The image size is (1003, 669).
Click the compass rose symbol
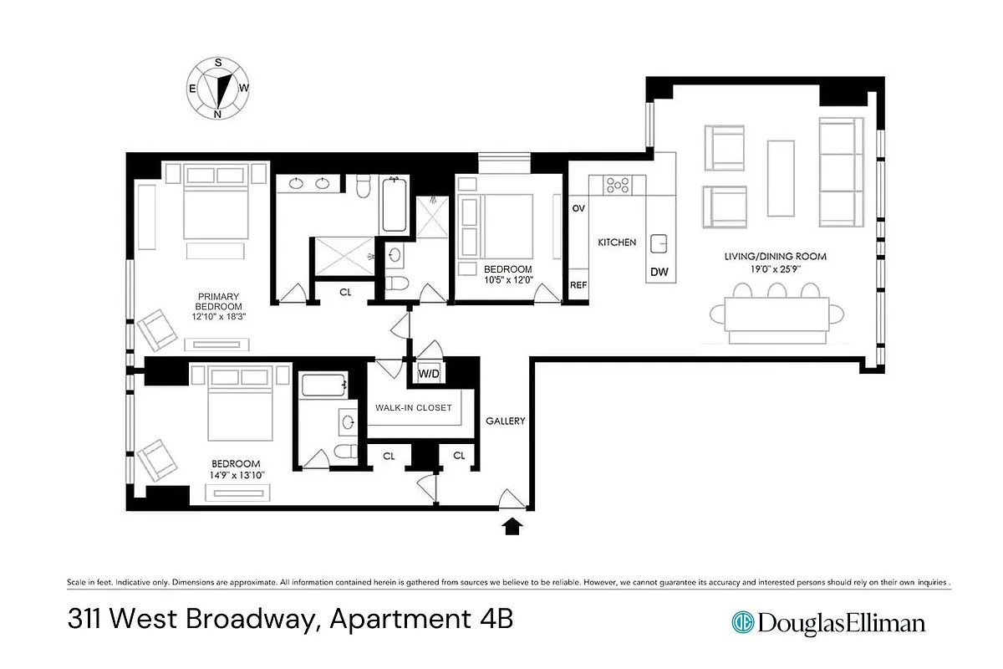click(218, 89)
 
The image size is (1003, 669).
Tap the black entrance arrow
click(512, 526)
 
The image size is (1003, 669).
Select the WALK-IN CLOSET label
click(413, 408)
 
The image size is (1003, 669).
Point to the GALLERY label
click(506, 421)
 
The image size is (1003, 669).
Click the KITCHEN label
click(617, 243)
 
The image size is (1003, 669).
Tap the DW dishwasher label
click(658, 271)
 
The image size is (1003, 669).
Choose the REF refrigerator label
click(578, 285)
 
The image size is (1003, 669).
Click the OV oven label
click(578, 208)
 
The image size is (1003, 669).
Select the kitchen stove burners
click(618, 186)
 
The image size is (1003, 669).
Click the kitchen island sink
click(659, 243)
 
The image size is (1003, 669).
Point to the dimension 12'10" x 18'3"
click(219, 317)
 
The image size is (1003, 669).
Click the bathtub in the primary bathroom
click(395, 204)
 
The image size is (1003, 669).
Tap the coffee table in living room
click(781, 178)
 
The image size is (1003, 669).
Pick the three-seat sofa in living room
click(840, 172)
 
